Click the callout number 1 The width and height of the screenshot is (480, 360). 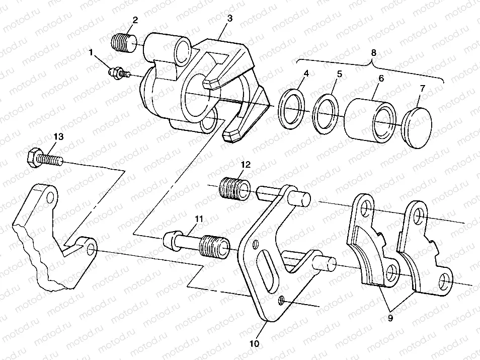[x=91, y=51]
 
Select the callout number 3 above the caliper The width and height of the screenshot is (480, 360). [x=229, y=18]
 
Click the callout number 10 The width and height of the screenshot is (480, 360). [x=255, y=344]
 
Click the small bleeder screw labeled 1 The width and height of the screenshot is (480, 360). [x=118, y=72]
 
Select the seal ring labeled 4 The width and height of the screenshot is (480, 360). [x=291, y=109]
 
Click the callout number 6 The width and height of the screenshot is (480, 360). [x=380, y=79]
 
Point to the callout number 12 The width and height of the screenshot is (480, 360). [x=245, y=164]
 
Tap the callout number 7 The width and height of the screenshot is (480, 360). [x=422, y=88]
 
